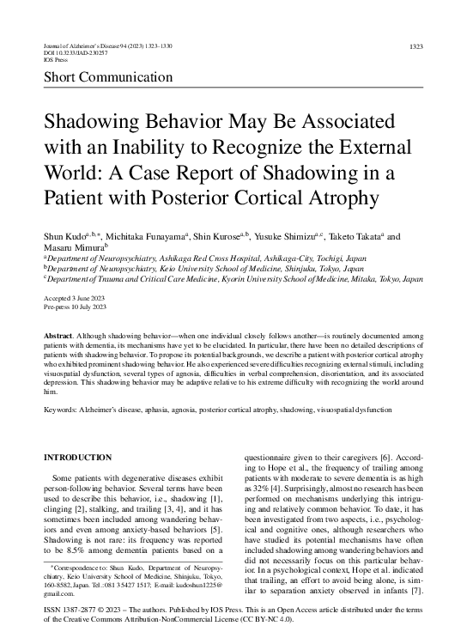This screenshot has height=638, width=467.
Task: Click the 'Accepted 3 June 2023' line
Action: coord(76,296)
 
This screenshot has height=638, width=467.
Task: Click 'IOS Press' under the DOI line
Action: coord(55,62)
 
